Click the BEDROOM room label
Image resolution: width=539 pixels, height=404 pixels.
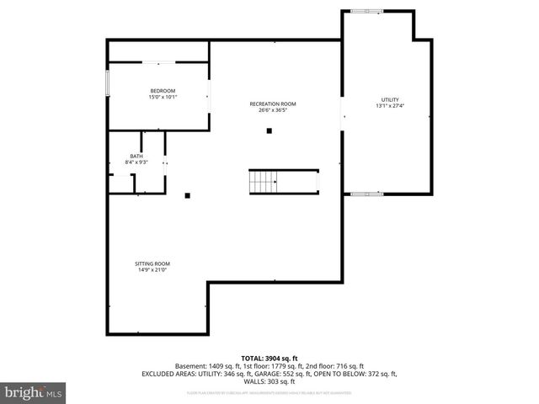tap(163, 91)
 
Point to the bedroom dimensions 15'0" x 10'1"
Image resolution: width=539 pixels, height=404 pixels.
tap(163, 97)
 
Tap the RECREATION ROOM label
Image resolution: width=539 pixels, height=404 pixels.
tap(273, 104)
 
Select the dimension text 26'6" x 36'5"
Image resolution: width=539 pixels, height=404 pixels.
tap(273, 110)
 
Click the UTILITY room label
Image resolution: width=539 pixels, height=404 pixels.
tap(389, 100)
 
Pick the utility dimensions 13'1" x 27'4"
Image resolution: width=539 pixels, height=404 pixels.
tap(389, 106)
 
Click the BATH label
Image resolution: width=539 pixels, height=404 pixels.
tap(136, 156)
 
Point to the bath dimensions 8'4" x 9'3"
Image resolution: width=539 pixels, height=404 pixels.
tap(136, 162)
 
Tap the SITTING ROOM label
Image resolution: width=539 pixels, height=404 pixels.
tap(152, 263)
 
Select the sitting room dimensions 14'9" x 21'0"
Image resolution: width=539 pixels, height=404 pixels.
tap(152, 270)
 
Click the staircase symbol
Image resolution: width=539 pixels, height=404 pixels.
tap(263, 182)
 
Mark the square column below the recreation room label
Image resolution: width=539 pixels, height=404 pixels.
tap(269, 130)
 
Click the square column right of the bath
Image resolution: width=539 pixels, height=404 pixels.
tap(188, 196)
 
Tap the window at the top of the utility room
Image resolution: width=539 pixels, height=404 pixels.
tap(366, 11)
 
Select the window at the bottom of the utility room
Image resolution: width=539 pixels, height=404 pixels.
tap(366, 194)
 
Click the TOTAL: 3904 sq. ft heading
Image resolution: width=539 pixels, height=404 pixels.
tap(269, 359)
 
